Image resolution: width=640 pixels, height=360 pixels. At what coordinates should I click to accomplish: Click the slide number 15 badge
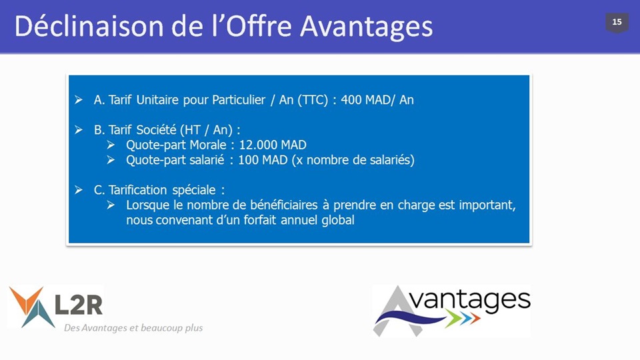[x=617, y=23]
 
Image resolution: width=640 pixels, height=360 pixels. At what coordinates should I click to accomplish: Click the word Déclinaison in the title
[x=89, y=27]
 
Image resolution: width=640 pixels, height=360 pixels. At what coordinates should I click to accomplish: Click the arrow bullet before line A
[x=79, y=99]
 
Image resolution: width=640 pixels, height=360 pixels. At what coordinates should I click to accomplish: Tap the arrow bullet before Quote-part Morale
[x=111, y=145]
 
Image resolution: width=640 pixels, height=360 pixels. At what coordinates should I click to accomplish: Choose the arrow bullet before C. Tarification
[x=79, y=190]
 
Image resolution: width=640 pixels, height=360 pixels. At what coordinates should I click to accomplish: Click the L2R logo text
[x=79, y=305]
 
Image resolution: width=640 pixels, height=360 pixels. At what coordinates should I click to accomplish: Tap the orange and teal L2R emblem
[x=32, y=307]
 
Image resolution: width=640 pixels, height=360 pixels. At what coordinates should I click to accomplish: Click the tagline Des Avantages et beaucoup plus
[x=133, y=328]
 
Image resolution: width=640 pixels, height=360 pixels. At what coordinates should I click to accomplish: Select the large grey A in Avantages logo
[x=397, y=311]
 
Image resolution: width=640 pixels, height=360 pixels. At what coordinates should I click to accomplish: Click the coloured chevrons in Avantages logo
[x=463, y=319]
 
